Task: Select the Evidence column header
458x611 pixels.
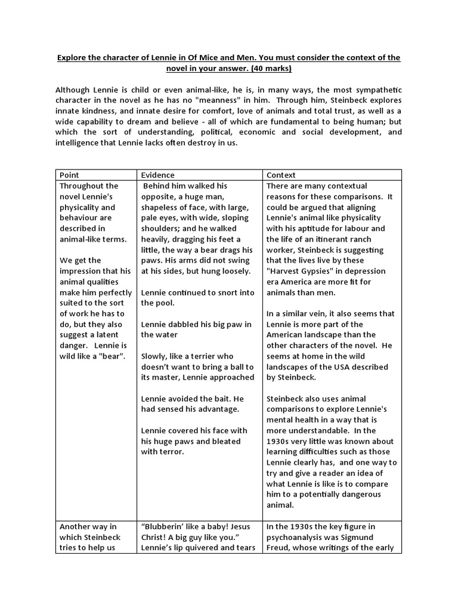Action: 158,175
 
